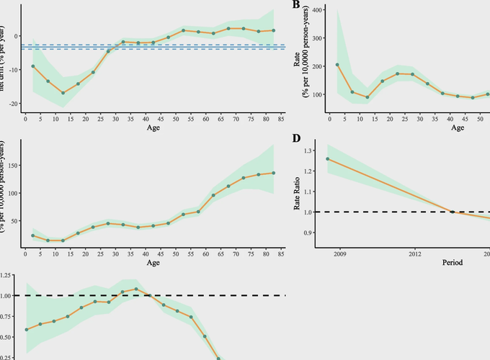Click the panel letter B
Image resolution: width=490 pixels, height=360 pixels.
(x=295, y=6)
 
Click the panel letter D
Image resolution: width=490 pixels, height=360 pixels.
(x=295, y=138)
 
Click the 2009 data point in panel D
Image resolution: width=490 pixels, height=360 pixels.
(x=328, y=159)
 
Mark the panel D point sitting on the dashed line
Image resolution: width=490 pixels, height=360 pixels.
(x=453, y=212)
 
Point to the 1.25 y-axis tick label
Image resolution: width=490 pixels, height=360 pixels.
(x=9, y=276)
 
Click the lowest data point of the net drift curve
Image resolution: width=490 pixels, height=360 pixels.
(x=63, y=93)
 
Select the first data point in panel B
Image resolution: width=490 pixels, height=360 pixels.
(x=338, y=65)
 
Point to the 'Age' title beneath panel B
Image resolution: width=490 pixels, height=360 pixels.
(x=458, y=128)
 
